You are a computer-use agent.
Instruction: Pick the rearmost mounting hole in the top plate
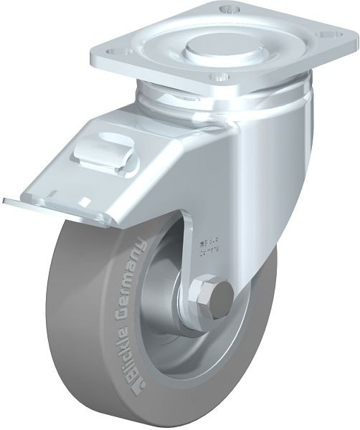click(229, 10)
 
